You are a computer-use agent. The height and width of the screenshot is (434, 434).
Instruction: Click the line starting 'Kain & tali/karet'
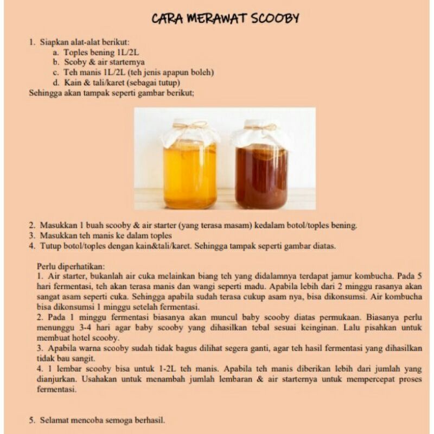point(122,82)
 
